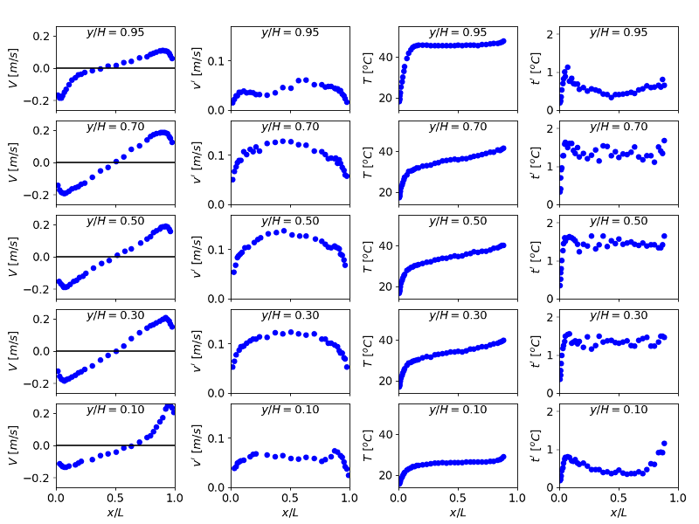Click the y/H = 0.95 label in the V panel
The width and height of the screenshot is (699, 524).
click(x=115, y=32)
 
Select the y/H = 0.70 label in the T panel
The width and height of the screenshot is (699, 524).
click(x=458, y=127)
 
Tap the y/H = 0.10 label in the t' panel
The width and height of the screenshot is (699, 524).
click(x=619, y=410)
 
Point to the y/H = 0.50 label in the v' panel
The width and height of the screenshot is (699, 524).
click(x=290, y=221)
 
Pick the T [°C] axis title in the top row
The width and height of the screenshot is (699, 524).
click(x=358, y=68)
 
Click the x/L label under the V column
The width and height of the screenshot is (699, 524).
click(x=115, y=513)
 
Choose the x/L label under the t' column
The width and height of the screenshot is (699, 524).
click(x=619, y=513)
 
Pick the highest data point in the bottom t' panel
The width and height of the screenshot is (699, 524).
click(x=664, y=444)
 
